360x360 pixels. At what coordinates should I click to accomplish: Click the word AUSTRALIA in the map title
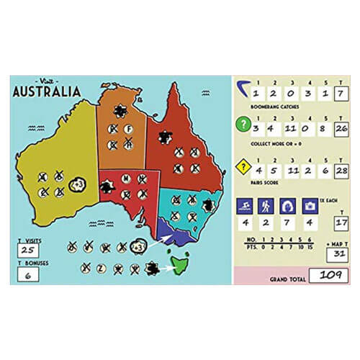click(47, 92)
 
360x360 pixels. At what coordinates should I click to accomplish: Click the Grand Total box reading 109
click(327, 274)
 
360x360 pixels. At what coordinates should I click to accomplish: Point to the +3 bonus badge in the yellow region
click(78, 186)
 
